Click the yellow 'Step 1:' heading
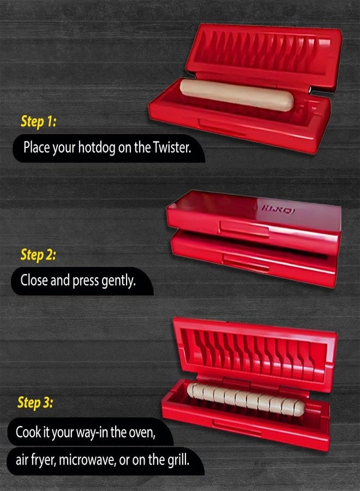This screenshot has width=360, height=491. [39, 121]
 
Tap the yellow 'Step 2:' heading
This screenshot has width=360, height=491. [38, 255]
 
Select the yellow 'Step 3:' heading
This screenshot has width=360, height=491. [35, 403]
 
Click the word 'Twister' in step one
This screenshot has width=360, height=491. [172, 147]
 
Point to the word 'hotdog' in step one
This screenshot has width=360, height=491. [97, 148]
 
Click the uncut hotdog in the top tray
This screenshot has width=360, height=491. [237, 94]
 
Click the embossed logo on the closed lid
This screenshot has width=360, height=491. [278, 209]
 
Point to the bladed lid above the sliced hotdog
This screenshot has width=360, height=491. [255, 354]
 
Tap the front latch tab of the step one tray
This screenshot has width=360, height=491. [222, 127]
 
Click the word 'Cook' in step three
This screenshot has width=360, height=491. [28, 432]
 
